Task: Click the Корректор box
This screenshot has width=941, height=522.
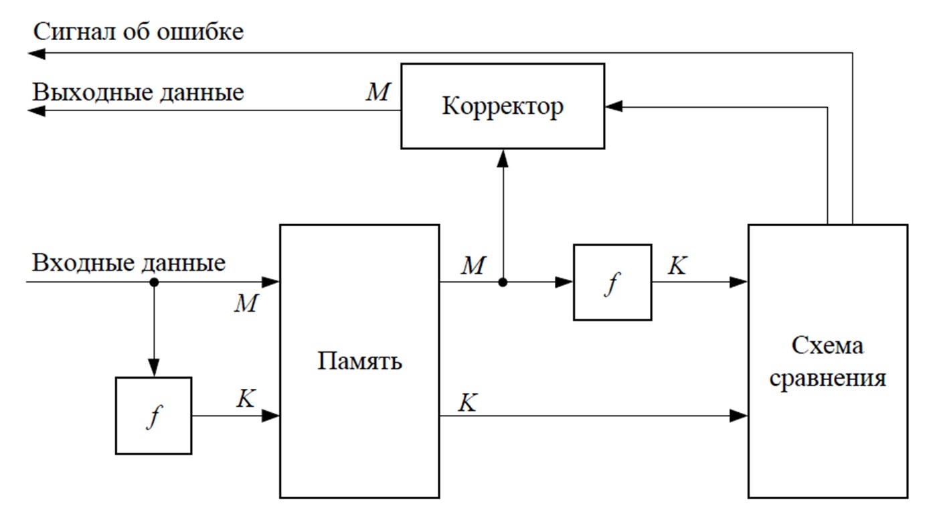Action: (503, 106)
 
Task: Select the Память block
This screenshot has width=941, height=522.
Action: (359, 361)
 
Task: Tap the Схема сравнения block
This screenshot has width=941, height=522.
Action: (827, 361)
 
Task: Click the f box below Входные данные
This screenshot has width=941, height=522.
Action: (153, 416)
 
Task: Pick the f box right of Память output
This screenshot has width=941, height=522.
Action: (612, 282)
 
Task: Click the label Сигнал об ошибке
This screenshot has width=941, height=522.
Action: (139, 31)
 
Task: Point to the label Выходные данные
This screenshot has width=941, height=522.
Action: (139, 92)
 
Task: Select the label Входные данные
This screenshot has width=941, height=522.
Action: (129, 263)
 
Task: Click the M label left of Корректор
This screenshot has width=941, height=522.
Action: (377, 92)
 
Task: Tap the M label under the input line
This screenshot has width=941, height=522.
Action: (246, 304)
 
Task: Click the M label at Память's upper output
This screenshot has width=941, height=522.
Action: (473, 266)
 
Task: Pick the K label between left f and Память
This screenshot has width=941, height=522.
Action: (246, 399)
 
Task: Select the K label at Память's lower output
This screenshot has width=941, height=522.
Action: (467, 402)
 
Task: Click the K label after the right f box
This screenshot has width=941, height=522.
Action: (677, 266)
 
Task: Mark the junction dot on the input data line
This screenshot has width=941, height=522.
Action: (154, 282)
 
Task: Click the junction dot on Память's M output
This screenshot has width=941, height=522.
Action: (503, 282)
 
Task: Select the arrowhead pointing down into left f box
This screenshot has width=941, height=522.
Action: (154, 367)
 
